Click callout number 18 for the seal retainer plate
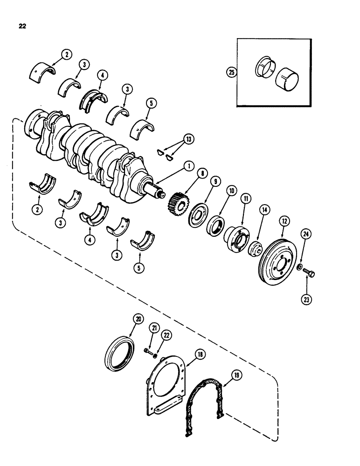click(x=200, y=355)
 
